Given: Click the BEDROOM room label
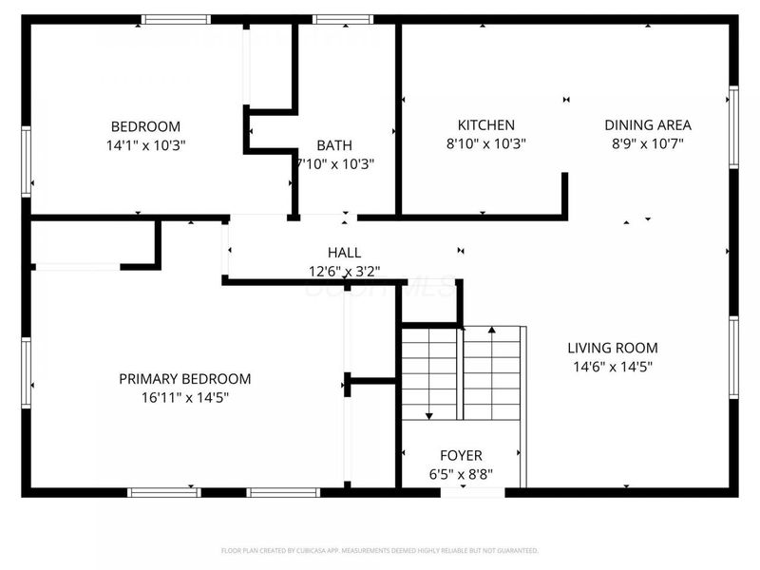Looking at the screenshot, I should coord(145,126).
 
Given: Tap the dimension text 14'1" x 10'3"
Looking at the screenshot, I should coord(145,145).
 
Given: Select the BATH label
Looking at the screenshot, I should coord(333,145).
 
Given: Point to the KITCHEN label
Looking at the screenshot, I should coord(485,125).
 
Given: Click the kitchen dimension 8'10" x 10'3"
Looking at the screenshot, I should coord(485,143).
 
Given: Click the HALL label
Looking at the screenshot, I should coord(344,253).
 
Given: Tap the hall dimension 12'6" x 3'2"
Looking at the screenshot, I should coord(344,271).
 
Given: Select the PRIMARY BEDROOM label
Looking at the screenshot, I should coord(185,379).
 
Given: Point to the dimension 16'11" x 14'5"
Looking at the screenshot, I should coord(185,397).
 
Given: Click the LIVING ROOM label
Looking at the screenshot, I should coord(613,348).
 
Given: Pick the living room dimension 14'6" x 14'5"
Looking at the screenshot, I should coord(613,366).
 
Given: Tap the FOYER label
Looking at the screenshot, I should coord(461,456).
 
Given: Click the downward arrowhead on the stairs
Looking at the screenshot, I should coord(429,414).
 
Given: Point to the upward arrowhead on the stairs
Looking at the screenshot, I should coord(491,332).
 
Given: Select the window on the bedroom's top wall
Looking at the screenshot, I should coord(176,19).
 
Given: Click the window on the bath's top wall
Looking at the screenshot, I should coord(343,19).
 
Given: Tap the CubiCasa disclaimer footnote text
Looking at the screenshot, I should coord(380,550).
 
